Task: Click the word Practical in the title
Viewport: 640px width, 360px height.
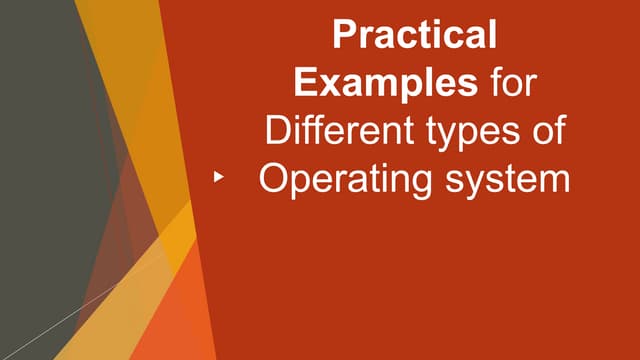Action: click(x=414, y=37)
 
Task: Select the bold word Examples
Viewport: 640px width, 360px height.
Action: click(x=399, y=83)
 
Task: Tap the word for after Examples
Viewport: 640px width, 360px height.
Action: click(x=511, y=83)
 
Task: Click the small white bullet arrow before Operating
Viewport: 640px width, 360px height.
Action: click(x=219, y=177)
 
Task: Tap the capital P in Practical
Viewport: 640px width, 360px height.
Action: click(x=343, y=37)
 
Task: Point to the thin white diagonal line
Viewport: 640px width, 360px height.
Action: click(x=60, y=310)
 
